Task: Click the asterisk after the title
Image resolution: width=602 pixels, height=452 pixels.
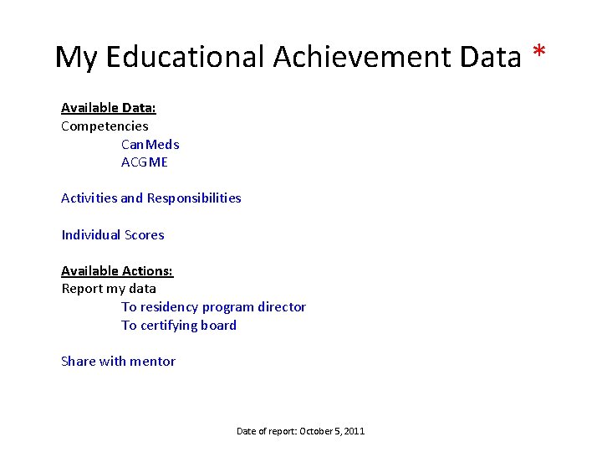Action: pyautogui.click(x=539, y=54)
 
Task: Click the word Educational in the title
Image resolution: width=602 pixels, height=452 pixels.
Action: pyautogui.click(x=183, y=58)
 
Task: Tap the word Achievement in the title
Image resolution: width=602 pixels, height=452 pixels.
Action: pyautogui.click(x=361, y=58)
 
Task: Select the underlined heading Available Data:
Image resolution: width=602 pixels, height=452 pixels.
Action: pyautogui.click(x=109, y=108)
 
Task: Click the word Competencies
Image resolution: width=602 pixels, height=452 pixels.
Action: pyautogui.click(x=105, y=126)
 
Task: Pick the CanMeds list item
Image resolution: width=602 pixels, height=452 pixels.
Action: pyautogui.click(x=150, y=145)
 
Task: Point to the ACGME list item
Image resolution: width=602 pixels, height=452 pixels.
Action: pyautogui.click(x=145, y=162)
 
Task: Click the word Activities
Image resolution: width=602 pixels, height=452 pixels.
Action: pyautogui.click(x=89, y=198)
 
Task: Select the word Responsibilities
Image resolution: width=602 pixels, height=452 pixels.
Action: pyautogui.click(x=194, y=198)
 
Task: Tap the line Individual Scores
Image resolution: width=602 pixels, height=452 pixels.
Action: pyautogui.click(x=113, y=235)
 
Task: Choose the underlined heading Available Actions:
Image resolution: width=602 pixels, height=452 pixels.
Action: pyautogui.click(x=117, y=271)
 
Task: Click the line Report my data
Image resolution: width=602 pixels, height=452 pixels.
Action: pyautogui.click(x=109, y=289)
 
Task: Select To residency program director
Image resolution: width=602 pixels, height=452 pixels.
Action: pyautogui.click(x=213, y=307)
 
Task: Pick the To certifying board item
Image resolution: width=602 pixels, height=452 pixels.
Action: pyautogui.click(x=179, y=326)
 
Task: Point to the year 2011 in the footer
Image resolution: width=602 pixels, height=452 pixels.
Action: pyautogui.click(x=355, y=431)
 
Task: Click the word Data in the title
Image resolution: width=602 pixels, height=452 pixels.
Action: pyautogui.click(x=491, y=58)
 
